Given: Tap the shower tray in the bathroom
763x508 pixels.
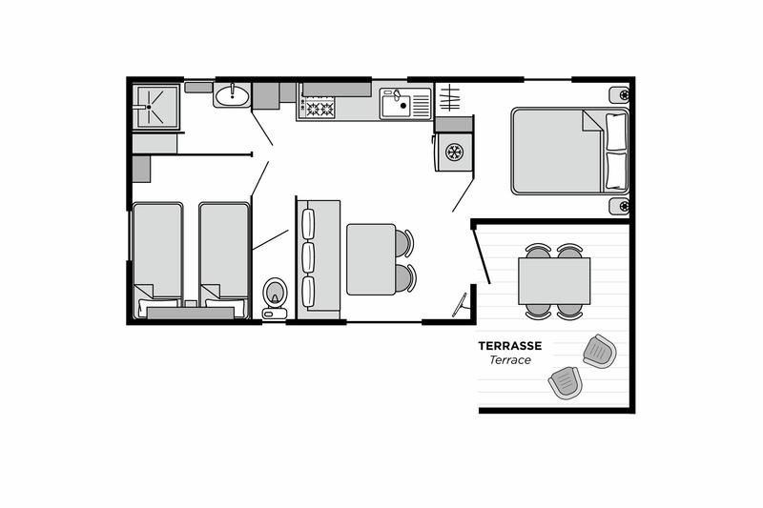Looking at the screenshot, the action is (156, 107).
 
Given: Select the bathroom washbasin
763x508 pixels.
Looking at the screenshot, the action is (232, 94).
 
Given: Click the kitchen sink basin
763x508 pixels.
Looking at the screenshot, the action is (396, 105).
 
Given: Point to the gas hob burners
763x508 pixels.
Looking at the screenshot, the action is (319, 107).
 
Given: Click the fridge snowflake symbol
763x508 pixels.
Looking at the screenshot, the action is (455, 152).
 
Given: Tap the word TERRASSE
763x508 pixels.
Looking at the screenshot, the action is (510, 346).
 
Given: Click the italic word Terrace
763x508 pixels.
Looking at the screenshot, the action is (510, 360).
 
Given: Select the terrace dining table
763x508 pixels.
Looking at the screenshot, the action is (554, 281).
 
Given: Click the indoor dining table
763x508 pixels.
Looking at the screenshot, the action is (371, 259).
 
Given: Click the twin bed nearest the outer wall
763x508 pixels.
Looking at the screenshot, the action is (157, 260).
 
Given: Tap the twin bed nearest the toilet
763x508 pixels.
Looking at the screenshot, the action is (224, 260).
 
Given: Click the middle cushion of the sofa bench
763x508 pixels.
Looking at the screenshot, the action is (308, 257).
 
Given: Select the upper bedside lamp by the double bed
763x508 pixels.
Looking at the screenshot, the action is (620, 95).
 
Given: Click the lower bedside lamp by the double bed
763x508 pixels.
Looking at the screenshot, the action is (620, 207).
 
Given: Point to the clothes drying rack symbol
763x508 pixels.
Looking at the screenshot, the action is (449, 98).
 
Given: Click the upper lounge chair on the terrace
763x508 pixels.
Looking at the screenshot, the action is (600, 351).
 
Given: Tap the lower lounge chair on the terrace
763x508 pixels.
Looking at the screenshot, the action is (566, 383).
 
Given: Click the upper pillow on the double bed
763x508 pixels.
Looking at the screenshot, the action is (615, 132).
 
